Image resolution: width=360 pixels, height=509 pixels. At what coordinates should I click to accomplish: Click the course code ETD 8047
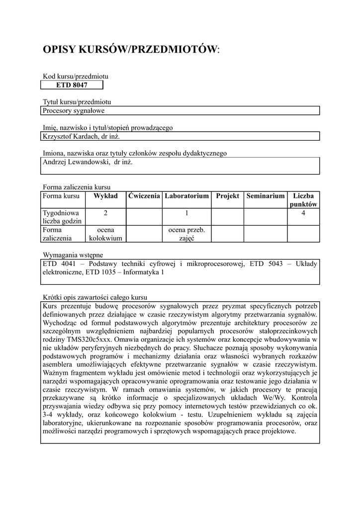click(x=72, y=85)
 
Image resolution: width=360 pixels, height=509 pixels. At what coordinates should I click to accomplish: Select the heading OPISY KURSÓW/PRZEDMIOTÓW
click(x=131, y=49)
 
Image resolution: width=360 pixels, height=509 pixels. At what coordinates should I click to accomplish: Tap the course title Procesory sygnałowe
click(x=74, y=111)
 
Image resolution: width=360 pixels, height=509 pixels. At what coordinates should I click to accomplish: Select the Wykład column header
click(x=105, y=196)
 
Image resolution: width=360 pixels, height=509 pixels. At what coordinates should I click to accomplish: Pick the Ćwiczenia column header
click(x=144, y=196)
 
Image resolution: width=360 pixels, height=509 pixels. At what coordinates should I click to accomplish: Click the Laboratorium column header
click(x=186, y=196)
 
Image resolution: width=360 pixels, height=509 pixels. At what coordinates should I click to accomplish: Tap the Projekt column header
click(x=228, y=196)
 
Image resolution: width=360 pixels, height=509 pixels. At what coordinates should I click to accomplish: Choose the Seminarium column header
click(x=266, y=196)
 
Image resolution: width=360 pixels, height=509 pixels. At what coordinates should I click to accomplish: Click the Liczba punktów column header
click(x=303, y=200)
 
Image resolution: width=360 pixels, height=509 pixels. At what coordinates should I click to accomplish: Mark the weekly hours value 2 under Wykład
click(x=105, y=213)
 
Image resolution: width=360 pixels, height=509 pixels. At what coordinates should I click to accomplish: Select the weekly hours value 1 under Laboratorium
click(x=186, y=213)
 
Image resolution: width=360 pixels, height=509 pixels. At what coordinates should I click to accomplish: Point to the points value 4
click(x=303, y=213)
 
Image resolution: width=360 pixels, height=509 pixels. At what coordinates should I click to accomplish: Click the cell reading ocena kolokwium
click(x=105, y=234)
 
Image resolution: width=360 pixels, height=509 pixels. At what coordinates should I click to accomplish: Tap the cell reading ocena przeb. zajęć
click(x=186, y=234)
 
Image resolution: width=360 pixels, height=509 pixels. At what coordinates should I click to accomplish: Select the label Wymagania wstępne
click(x=73, y=255)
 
